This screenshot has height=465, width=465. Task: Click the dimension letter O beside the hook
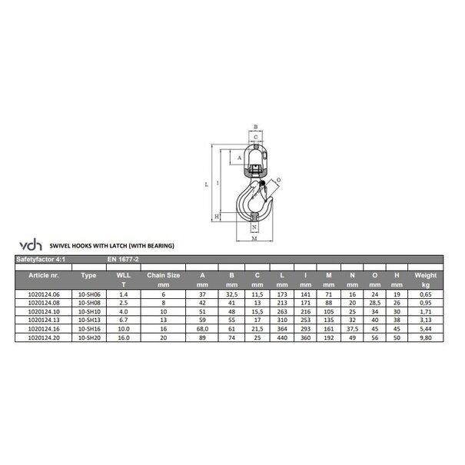pos(277,181)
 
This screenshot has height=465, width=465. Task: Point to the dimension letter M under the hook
pos(254,240)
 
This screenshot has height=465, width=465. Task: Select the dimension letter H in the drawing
pos(218,217)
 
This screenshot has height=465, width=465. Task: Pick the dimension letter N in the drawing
pos(254,228)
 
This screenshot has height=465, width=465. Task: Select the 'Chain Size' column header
pos(163,274)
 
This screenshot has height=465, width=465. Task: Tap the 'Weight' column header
pos(425,274)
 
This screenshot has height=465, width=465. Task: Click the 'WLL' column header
pos(123,274)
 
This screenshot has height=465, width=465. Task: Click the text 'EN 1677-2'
pos(122,261)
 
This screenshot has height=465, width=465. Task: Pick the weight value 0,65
pos(425,293)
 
